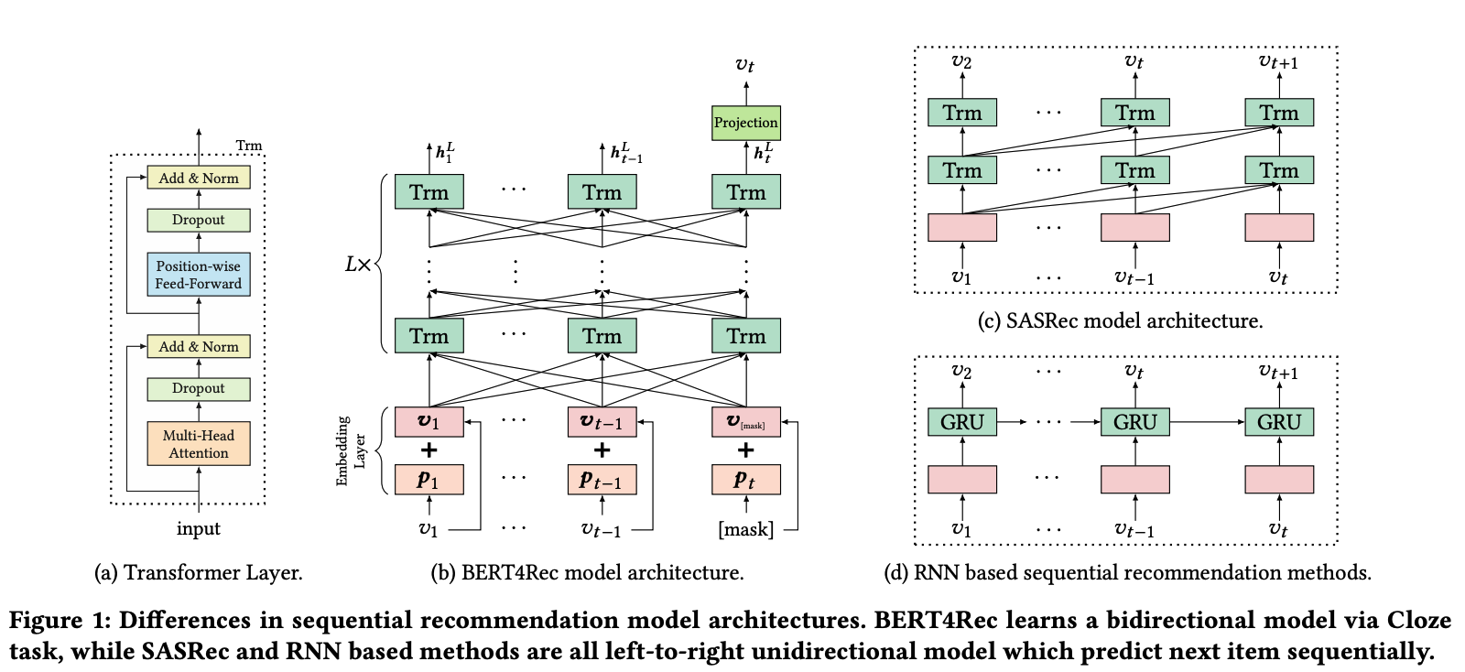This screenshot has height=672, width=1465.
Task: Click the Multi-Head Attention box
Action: pos(198,443)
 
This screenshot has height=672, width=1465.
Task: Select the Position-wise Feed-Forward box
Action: pos(198,275)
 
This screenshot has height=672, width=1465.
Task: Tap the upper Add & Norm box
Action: pos(198,178)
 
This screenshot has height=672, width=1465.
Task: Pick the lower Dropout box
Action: pos(198,389)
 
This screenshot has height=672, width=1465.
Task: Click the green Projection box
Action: pos(745,123)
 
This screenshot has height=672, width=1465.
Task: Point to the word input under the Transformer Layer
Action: pos(198,528)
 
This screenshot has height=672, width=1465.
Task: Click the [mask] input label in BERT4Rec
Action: pos(745,529)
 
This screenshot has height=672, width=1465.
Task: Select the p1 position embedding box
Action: pos(429,480)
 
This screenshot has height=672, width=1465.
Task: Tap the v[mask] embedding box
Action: pos(745,422)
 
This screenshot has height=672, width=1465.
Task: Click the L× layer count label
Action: pos(358,264)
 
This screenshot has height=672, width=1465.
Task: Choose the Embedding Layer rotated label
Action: pos(351,451)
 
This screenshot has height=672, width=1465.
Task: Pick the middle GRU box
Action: pos(1134,422)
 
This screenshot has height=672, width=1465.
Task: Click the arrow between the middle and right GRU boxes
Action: pos(1207,422)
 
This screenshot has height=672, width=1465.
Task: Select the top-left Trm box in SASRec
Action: pos(962,113)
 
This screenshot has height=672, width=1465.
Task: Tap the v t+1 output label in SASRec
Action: pos(1278,62)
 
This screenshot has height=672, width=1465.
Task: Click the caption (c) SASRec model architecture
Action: pos(1121,321)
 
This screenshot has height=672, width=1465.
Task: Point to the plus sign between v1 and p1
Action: pos(429,450)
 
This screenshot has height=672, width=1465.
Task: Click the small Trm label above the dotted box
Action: pos(248,146)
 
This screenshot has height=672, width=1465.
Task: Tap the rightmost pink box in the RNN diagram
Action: pos(1278,479)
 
